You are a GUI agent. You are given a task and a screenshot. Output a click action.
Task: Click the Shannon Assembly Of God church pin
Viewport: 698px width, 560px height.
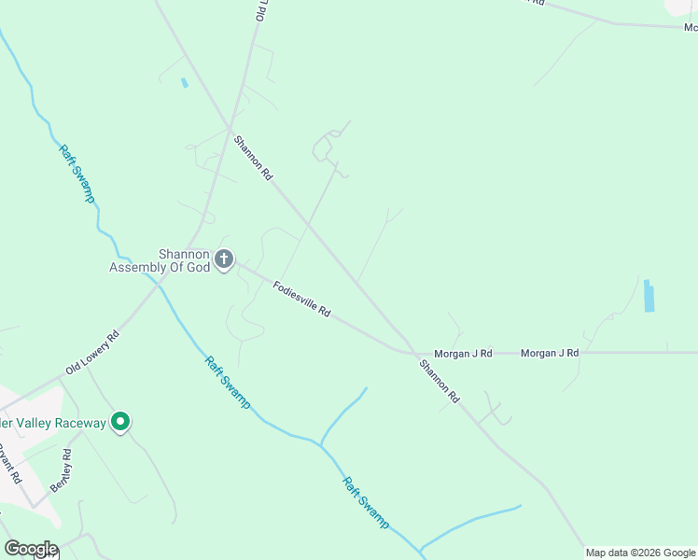[224, 259]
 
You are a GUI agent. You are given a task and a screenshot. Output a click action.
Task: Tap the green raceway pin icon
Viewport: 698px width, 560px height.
[119, 423]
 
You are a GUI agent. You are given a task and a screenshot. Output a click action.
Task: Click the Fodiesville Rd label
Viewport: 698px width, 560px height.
[302, 298]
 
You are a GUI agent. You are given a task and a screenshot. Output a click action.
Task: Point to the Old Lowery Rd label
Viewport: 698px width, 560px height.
[92, 353]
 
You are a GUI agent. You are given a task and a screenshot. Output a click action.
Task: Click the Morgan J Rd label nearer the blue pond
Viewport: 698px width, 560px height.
[550, 353]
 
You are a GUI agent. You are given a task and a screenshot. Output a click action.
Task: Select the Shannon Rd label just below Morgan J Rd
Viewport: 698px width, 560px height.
[440, 381]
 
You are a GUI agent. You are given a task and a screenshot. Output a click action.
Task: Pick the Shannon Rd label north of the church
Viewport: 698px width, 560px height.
[253, 158]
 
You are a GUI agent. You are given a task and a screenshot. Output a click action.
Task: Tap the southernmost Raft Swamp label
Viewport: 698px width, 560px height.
[365, 503]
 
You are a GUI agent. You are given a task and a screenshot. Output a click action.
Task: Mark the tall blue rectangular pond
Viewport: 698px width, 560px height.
[649, 295]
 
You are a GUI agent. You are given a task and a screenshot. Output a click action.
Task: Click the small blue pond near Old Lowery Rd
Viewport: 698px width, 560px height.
[184, 82]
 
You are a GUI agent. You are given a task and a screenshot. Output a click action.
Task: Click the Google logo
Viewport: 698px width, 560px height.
[31, 549]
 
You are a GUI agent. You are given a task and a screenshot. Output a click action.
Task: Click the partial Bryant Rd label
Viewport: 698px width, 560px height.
[10, 464]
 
